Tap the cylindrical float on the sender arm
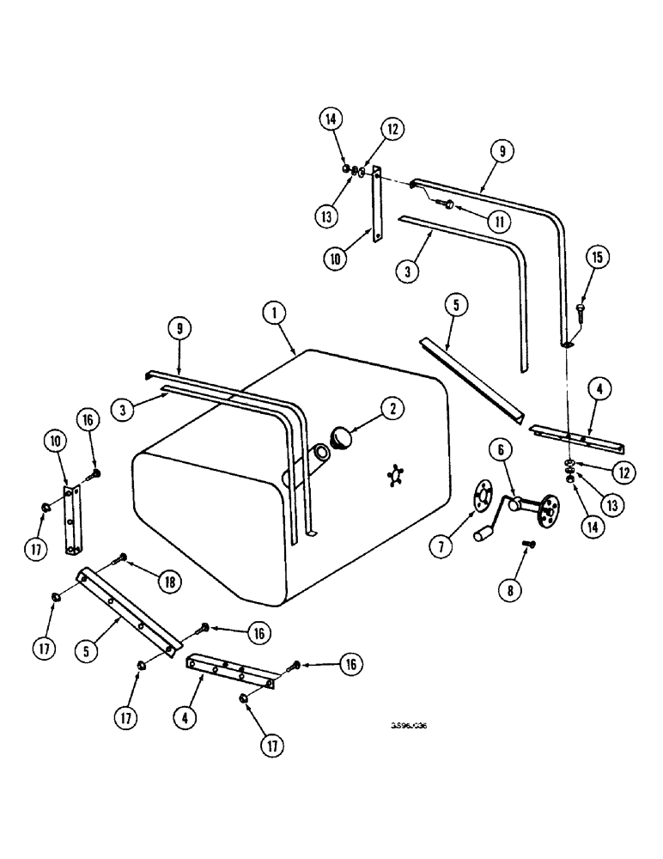point(483,535)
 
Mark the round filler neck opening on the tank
point(323,453)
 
